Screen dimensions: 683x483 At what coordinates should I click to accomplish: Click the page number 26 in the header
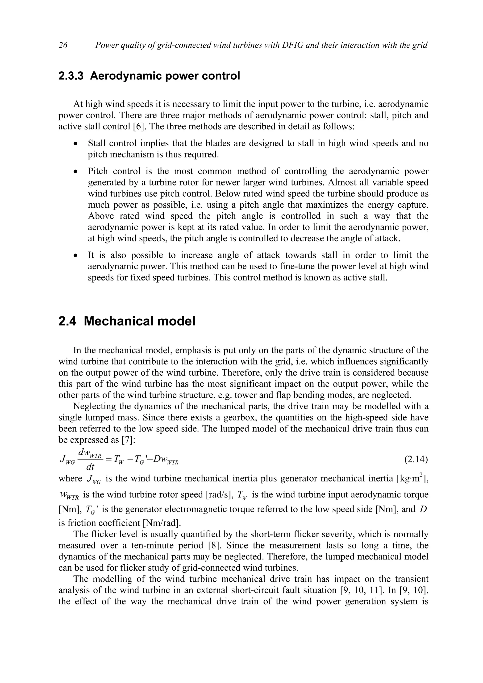pyautogui.click(x=63, y=45)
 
